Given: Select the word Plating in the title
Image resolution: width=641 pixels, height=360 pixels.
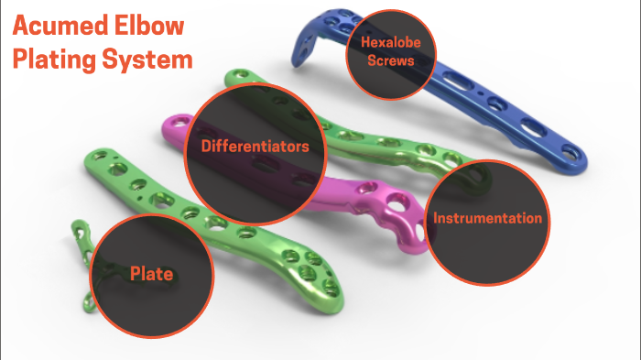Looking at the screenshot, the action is pyautogui.click(x=54, y=60).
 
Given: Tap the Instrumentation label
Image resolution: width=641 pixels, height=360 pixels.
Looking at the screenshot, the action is pyautogui.click(x=488, y=219).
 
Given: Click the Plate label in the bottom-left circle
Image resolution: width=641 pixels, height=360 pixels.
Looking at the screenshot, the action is pyautogui.click(x=152, y=272).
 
